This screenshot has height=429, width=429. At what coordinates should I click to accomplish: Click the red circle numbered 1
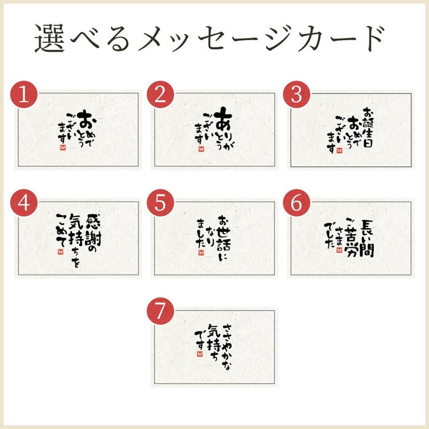click(x=24, y=94)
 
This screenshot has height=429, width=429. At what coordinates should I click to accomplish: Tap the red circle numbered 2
click(x=160, y=94)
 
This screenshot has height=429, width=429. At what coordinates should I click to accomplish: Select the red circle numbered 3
click(x=297, y=94)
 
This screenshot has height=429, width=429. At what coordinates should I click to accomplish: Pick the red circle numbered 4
click(x=24, y=203)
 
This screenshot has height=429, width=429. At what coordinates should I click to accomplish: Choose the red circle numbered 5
click(x=160, y=203)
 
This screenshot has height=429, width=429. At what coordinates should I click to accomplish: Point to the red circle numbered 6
click(x=297, y=203)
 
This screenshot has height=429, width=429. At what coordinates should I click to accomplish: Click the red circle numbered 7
click(x=160, y=311)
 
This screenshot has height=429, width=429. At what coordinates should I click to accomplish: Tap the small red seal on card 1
click(x=63, y=147)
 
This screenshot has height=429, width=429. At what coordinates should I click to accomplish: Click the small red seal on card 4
click(x=61, y=252)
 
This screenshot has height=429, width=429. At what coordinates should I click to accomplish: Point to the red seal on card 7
click(x=199, y=354)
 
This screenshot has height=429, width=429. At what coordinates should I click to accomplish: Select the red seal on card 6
click(x=339, y=250)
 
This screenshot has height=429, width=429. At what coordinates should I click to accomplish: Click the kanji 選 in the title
click(x=49, y=38)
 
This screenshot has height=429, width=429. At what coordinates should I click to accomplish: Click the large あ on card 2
click(x=223, y=119)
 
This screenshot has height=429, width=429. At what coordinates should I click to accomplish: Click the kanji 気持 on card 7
click(x=214, y=338)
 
